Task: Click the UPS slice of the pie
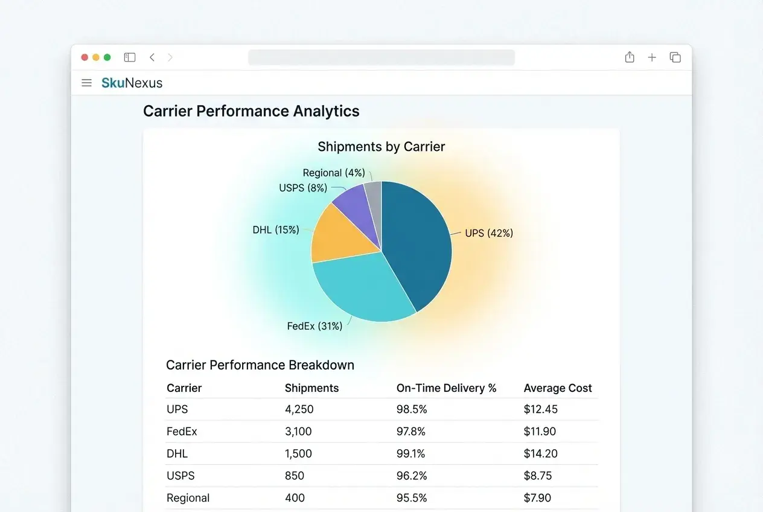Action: (x=417, y=242)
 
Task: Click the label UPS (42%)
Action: (x=488, y=233)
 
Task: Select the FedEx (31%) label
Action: (x=314, y=326)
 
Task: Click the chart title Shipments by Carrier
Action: (x=381, y=147)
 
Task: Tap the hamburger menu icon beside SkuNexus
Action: (x=87, y=83)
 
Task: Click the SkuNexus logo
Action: (x=132, y=83)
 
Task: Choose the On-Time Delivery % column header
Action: (x=446, y=388)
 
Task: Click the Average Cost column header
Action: (x=558, y=388)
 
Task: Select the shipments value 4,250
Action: (x=299, y=409)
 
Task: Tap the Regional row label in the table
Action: (x=188, y=498)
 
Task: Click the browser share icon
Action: (x=630, y=57)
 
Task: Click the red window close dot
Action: (x=85, y=57)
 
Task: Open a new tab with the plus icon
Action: (x=652, y=57)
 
